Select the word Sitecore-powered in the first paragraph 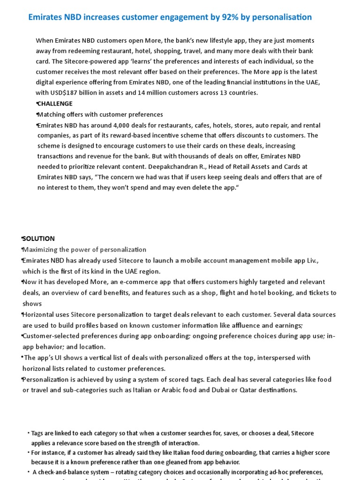92,61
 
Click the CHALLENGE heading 55,104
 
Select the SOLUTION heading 39,239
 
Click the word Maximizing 42,249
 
